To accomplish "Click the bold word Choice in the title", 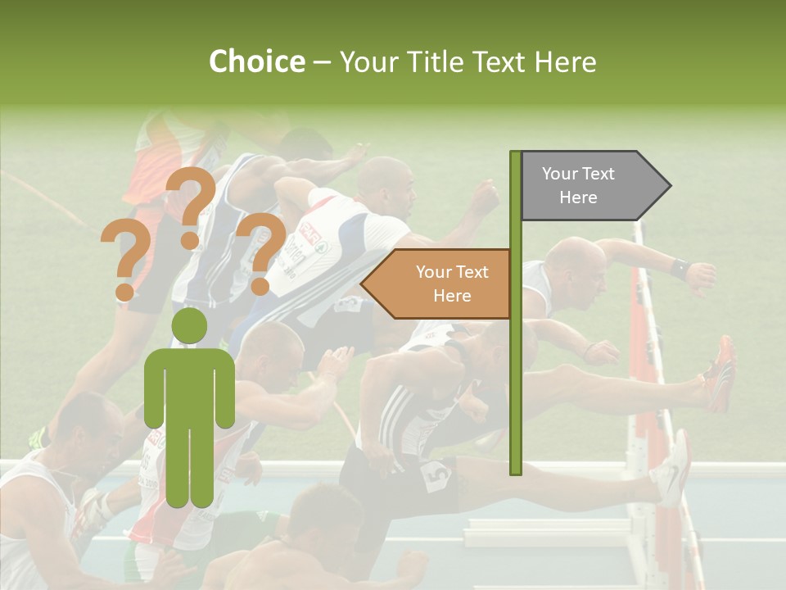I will (256, 61).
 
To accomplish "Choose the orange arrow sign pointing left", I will (438, 284).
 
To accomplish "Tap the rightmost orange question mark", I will (260, 251).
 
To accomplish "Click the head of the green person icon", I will (190, 326).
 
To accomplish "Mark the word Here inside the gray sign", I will (578, 197).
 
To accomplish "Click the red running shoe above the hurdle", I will (722, 373).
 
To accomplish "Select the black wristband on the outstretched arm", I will (678, 268).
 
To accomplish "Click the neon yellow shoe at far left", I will (37, 438).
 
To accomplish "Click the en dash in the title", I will (322, 62).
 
